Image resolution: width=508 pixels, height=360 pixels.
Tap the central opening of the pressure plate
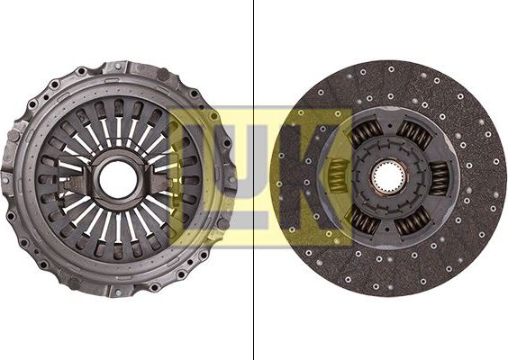pos(118,180)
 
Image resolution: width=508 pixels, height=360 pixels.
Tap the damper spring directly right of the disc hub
pos(440,179)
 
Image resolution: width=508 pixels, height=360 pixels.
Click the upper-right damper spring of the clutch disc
pos(414,135)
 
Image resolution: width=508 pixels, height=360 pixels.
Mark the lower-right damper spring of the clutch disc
pos(413,222)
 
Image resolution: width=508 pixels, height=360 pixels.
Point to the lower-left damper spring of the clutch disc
pos(364,220)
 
